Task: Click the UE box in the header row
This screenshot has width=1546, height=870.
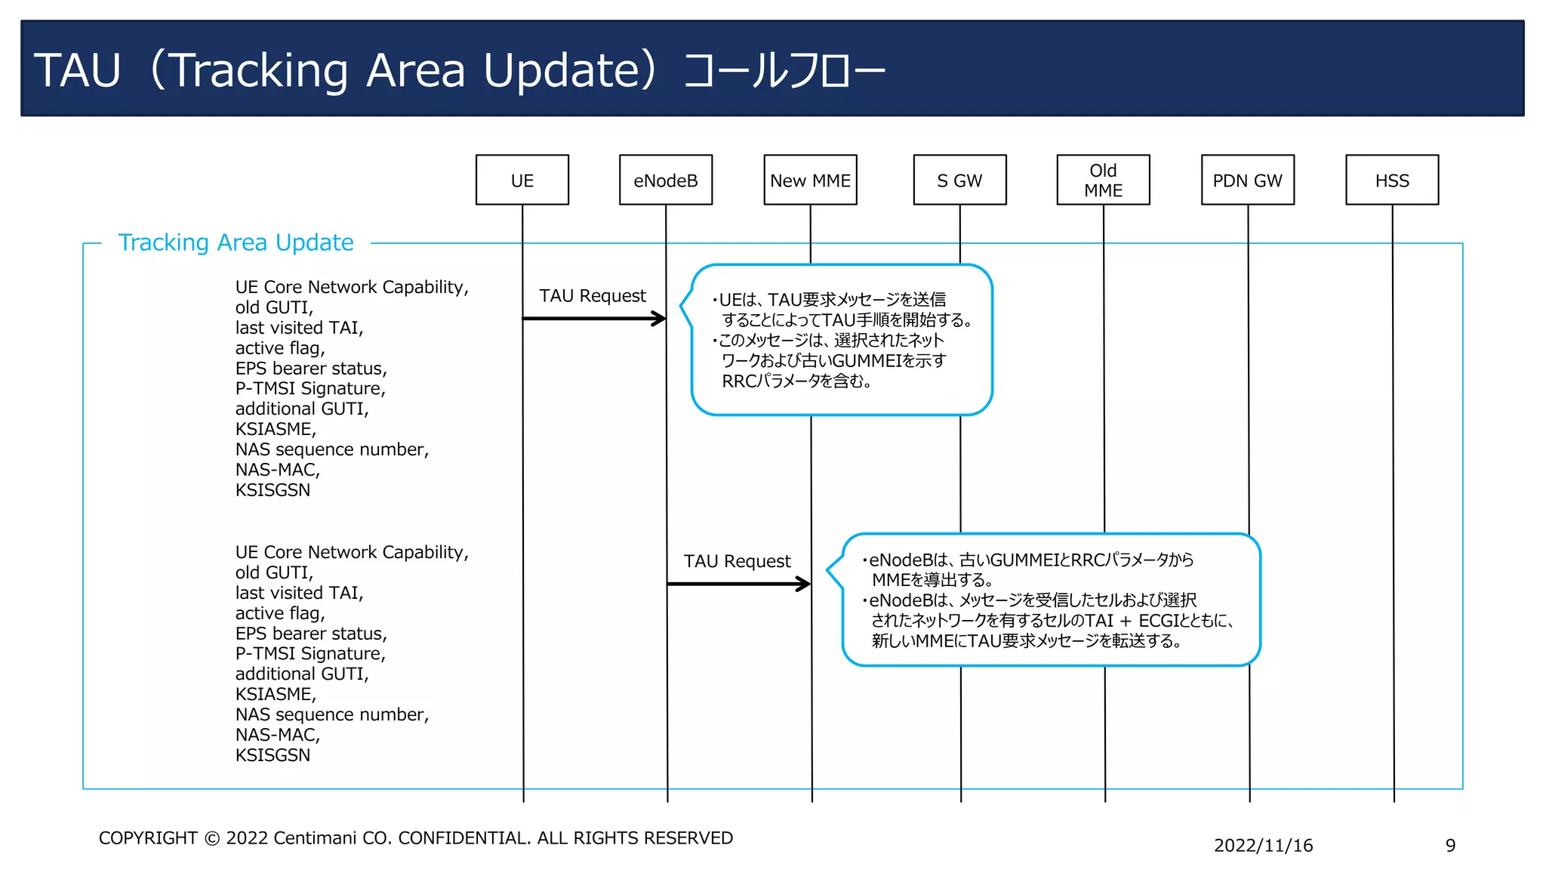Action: pos(522,180)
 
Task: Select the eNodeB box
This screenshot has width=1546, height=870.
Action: pos(665,180)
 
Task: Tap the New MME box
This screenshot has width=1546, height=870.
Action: pos(810,180)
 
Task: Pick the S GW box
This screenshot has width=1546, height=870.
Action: pos(959,180)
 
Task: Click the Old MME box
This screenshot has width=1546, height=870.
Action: pos(1103,180)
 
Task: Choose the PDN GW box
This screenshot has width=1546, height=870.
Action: pos(1247,180)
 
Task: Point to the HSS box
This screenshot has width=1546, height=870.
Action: pos(1392,180)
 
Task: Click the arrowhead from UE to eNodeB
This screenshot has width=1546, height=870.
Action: pos(659,319)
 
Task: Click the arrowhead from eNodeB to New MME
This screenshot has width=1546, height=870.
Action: pos(804,584)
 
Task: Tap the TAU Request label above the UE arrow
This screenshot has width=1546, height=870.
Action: pos(593,296)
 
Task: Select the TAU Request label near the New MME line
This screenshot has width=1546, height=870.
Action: pos(737,561)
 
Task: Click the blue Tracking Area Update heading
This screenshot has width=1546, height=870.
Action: pos(236,242)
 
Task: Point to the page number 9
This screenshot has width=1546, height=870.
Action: pos(1450,846)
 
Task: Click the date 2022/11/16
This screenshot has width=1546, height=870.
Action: pos(1263,846)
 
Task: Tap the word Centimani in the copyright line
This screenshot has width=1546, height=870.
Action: pos(315,838)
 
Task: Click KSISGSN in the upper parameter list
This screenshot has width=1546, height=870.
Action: pos(273,490)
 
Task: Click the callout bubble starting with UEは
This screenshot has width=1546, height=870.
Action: pos(842,340)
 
